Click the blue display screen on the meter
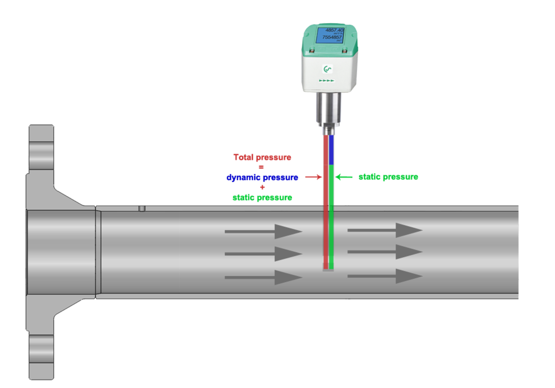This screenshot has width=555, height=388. tap(330, 35)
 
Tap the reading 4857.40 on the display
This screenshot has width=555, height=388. tap(334, 30)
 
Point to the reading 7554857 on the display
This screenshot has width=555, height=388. tap(332, 37)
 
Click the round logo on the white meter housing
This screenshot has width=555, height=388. tap(328, 69)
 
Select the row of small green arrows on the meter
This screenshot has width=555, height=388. tap(327, 80)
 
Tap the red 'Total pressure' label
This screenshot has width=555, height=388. tap(262, 157)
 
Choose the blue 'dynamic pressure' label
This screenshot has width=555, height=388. tap(262, 177)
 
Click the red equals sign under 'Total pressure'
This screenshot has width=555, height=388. tap(261, 167)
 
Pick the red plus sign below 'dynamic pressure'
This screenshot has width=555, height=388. tap(262, 187)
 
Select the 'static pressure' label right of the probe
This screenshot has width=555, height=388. tap(388, 177)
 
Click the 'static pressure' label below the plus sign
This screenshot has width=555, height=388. tap(262, 197)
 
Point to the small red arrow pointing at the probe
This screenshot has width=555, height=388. tap(313, 177)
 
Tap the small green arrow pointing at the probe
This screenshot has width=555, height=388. tap(344, 177)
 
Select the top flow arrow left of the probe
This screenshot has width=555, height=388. tap(263, 231)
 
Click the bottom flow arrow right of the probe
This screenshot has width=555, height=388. tap(385, 276)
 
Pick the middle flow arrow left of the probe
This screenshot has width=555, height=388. tap(263, 254)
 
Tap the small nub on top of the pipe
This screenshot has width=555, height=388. tap(142, 209)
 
